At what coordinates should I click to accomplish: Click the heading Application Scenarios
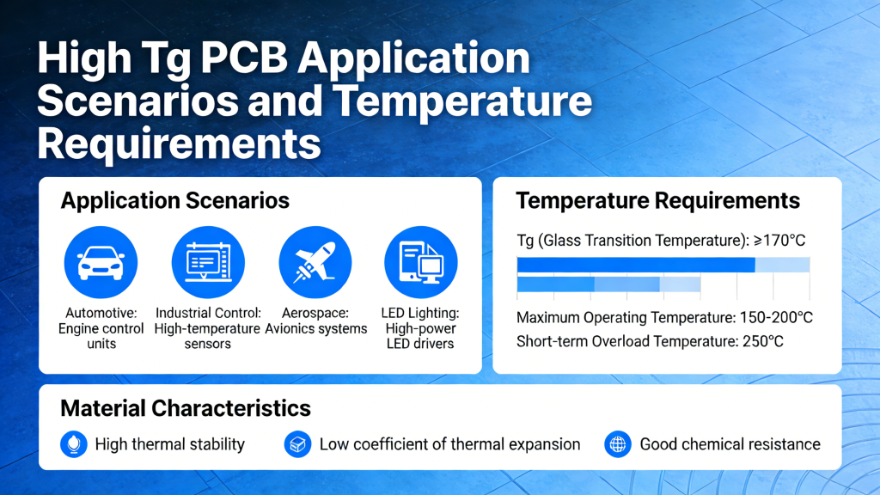coord(174,201)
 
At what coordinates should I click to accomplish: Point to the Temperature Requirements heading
coord(657,201)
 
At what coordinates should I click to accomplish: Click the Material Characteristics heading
coord(186,407)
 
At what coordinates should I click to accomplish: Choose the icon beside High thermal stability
coord(73,444)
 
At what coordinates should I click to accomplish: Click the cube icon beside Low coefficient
coord(296,444)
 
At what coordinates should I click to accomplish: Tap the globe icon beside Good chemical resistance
coord(617,444)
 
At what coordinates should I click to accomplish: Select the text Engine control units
coord(101,336)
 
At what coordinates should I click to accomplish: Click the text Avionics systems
coord(316,329)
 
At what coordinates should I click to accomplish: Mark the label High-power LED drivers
coord(420,336)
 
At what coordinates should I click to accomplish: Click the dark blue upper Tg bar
coord(635,265)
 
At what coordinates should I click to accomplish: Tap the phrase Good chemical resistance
coord(730,444)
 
